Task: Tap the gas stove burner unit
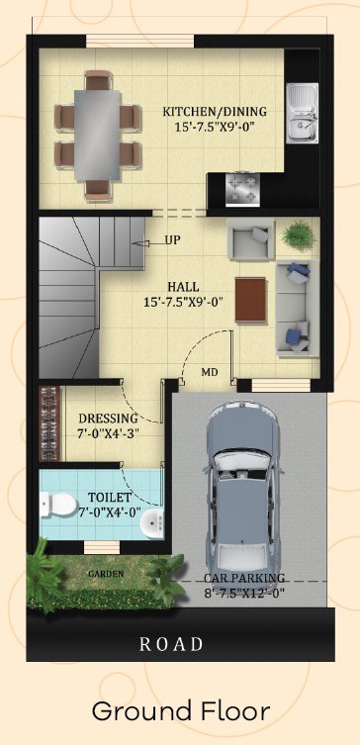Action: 242,189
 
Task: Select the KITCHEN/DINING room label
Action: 215,112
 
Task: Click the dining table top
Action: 97,134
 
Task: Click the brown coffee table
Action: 251,300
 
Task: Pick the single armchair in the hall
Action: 251,239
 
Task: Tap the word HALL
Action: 183,288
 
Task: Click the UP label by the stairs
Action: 172,240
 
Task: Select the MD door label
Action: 210,372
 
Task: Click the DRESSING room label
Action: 108,419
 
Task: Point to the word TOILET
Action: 109,498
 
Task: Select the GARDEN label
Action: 107,574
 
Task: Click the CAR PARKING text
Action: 244,578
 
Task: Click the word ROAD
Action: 171,644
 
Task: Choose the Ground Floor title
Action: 180,711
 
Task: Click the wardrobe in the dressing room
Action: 49,423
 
